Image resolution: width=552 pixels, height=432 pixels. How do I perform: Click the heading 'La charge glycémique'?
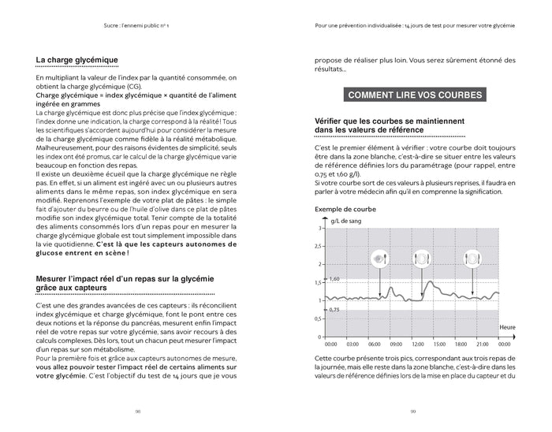[x=76, y=60]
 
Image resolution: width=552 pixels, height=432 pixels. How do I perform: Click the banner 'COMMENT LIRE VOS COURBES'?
[x=415, y=95]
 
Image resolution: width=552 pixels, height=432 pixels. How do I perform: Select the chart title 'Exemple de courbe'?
[x=345, y=209]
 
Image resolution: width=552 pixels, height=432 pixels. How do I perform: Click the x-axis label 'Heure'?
[x=509, y=326]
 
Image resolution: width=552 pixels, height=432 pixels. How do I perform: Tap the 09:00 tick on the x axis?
[x=397, y=344]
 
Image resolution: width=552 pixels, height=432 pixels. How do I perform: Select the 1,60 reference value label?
[x=334, y=280]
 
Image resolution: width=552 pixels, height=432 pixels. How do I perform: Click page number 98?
[x=137, y=411]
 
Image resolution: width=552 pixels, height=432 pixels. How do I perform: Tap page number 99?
[x=413, y=411]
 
